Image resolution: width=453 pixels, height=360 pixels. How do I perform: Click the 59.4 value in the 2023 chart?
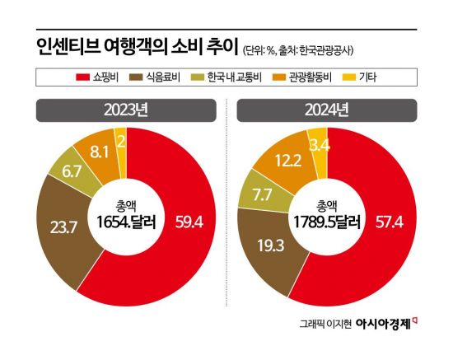point(189,220)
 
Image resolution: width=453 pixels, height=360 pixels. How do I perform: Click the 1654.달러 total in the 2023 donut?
point(123,220)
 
